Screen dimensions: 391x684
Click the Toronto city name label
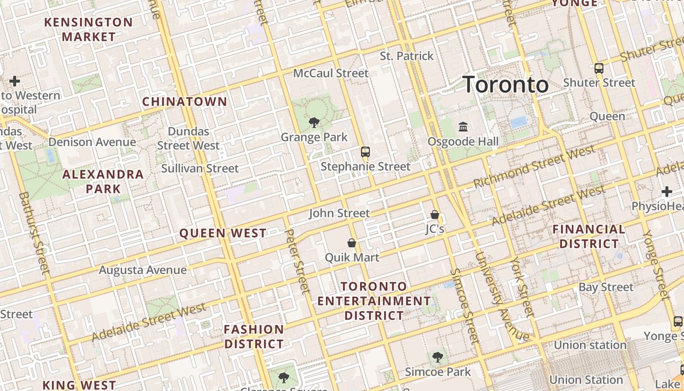505,85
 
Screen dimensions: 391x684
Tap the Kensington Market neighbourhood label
88,29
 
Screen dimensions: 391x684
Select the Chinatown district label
185,102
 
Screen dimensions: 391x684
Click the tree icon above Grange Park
314,122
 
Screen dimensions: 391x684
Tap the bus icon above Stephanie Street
365,152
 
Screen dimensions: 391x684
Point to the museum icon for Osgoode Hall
463,127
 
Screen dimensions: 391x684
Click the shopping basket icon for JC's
434,215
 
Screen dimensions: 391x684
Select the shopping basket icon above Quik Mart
351,243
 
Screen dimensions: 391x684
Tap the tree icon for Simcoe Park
438,357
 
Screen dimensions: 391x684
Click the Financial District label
589,236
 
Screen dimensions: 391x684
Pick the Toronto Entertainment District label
374,301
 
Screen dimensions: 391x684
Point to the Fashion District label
254,336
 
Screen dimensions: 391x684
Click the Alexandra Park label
103,181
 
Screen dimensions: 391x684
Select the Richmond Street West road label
534,167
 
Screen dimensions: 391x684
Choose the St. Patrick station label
406,56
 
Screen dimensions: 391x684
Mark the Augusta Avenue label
143,270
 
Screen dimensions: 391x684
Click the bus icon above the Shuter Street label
599,68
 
